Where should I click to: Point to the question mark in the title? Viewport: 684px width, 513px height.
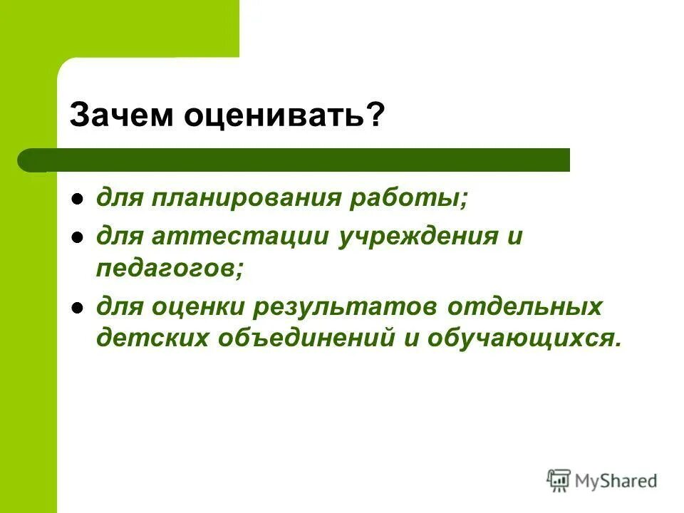coord(375,114)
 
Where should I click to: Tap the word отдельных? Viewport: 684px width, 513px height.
coord(526,307)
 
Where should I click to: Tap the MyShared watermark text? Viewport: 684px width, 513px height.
coord(617,481)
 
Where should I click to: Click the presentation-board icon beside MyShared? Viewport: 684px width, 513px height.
coord(559,480)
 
